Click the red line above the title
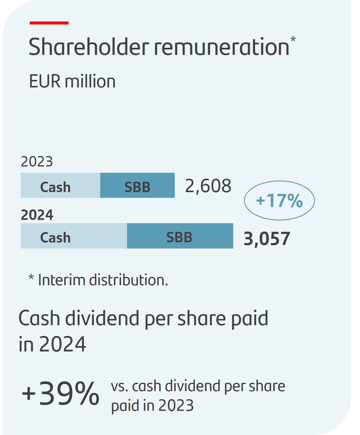[x=49, y=23]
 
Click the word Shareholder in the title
[x=89, y=47]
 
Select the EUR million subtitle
[x=72, y=81]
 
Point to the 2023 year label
[x=37, y=162]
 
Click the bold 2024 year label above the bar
[x=37, y=215]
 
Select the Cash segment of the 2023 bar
[x=60, y=186]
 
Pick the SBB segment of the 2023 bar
[x=137, y=186]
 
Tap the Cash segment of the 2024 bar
[x=74, y=236]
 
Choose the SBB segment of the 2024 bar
[x=180, y=236]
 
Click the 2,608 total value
[x=208, y=186]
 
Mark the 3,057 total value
[x=267, y=239]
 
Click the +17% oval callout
[x=279, y=200]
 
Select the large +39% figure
[x=61, y=394]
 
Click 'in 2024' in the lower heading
[x=52, y=344]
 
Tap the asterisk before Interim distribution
[x=31, y=278]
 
